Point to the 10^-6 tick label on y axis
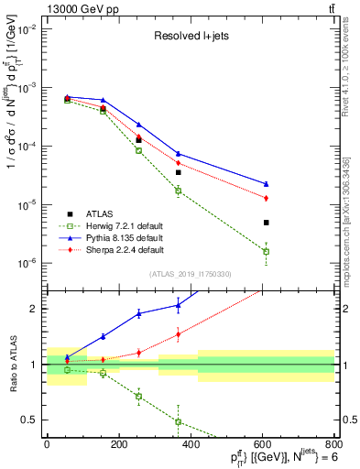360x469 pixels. click(x=27, y=263)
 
